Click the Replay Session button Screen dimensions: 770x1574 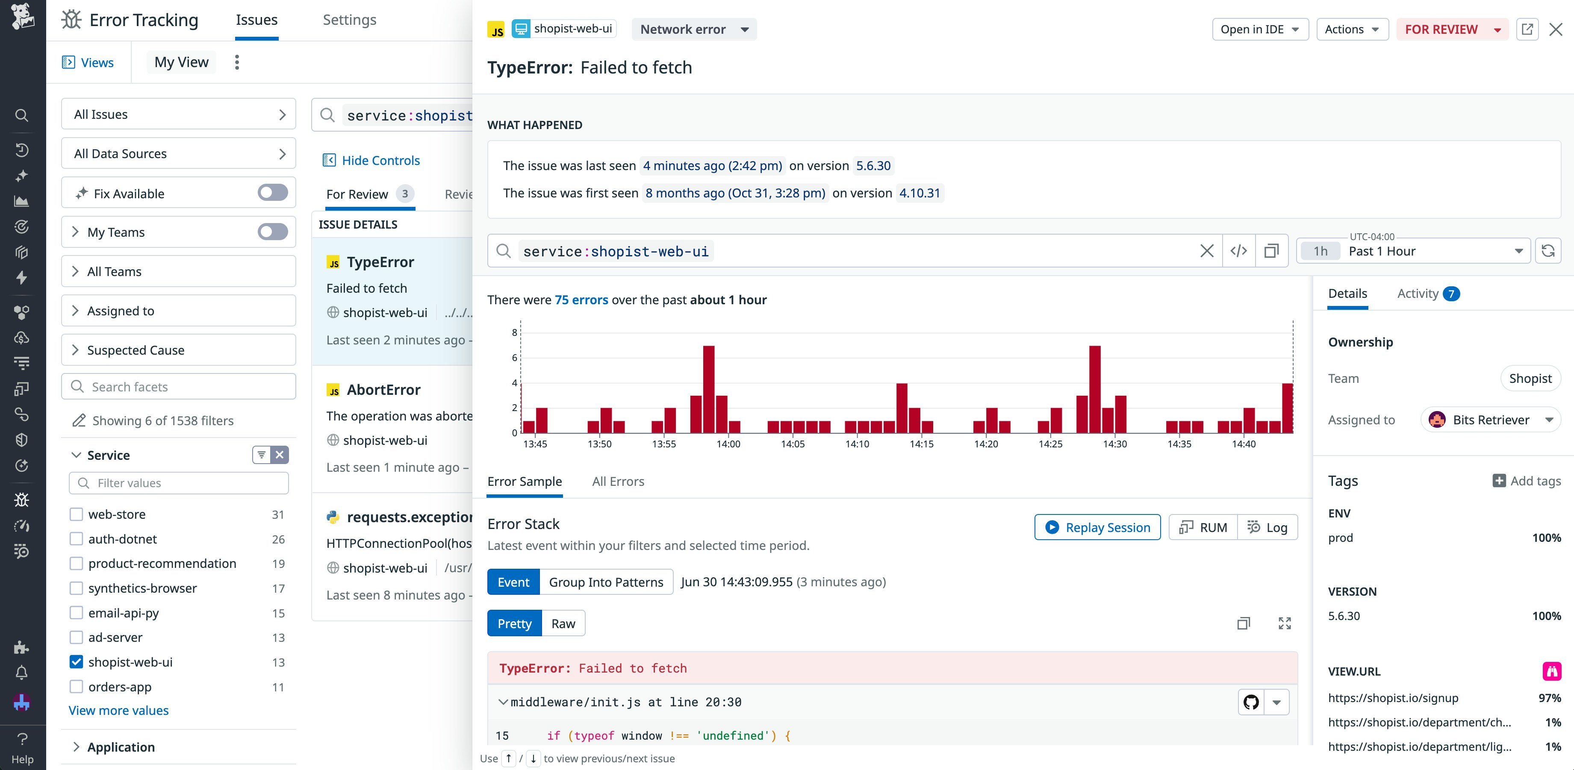(1097, 528)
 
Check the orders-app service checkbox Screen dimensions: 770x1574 (77, 687)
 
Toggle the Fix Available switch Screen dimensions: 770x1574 (272, 193)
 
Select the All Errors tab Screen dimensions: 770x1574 (618, 482)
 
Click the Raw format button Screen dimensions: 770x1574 (563, 623)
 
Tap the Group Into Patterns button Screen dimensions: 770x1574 (605, 582)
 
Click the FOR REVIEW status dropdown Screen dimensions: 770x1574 (1452, 29)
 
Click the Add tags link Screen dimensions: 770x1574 (1527, 481)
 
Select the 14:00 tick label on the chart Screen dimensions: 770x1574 (728, 444)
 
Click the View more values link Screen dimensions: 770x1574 (118, 711)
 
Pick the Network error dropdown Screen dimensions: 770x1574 (693, 29)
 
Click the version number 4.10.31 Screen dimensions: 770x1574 (919, 194)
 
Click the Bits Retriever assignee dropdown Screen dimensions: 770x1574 (1490, 420)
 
